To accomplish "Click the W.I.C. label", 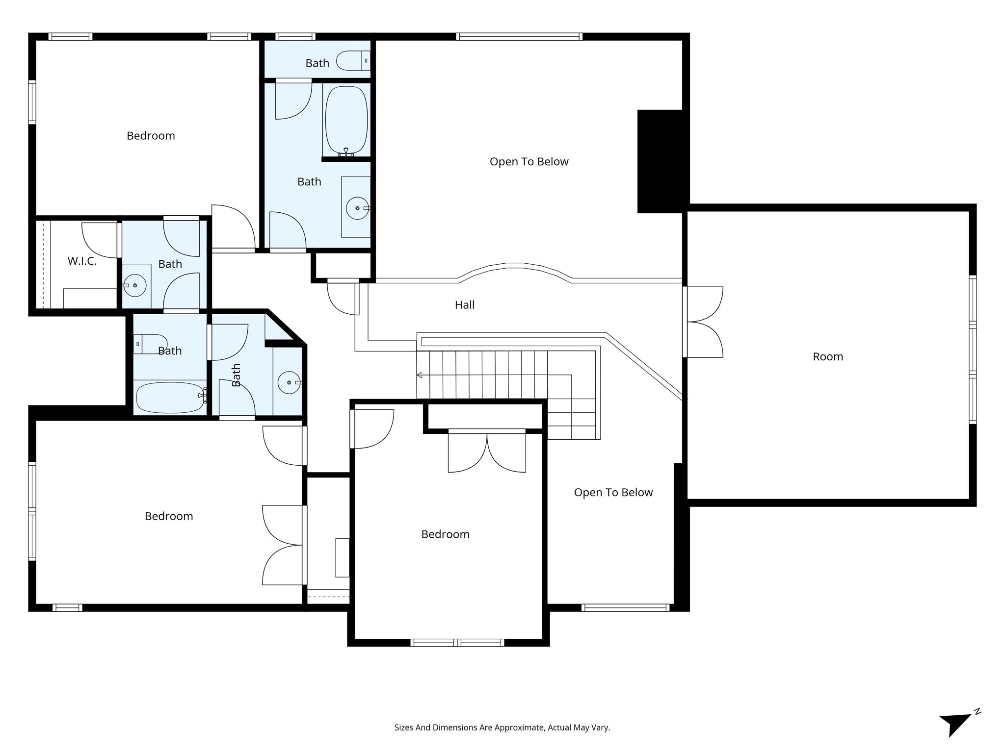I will tap(82, 261).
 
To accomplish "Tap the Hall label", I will tap(464, 305).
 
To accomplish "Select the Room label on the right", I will tap(828, 357).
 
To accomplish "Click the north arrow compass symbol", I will tap(957, 723).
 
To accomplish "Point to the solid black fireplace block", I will tap(660, 161).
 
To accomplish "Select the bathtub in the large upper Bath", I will tap(346, 120).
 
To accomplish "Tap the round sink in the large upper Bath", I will tap(357, 208).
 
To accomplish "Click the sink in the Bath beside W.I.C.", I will tap(134, 285).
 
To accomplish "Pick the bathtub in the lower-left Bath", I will tap(170, 398).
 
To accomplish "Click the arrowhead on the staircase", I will tap(420, 375).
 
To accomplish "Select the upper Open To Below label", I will tap(529, 162).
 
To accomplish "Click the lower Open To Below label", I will tap(613, 493).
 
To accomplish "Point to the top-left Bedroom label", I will tap(151, 136).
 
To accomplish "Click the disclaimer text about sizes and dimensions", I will tap(502, 728).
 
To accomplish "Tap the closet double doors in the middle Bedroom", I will tap(487, 452).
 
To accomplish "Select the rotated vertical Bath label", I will tap(236, 375).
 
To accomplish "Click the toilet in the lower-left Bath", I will tap(150, 344).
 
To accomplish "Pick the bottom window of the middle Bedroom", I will tap(457, 643).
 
